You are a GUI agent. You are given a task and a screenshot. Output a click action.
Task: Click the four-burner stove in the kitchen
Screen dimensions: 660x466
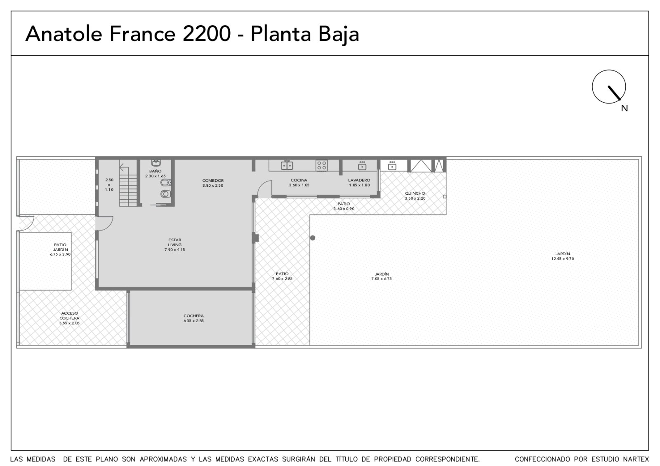point(321,165)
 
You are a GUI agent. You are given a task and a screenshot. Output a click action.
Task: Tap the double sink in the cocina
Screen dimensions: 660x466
point(287,165)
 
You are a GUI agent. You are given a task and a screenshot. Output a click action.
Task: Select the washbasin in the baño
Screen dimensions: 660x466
point(156,162)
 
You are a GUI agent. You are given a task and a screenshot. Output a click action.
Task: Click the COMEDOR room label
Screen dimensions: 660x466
point(213,181)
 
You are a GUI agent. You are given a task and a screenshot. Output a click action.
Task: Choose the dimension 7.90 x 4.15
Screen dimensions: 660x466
point(175,250)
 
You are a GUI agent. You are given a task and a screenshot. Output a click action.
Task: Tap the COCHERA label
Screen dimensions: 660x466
point(193,316)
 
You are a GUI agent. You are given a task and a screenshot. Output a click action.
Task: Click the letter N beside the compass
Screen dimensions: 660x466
point(624,108)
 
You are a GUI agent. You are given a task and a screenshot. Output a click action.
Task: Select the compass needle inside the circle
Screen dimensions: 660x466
point(614,93)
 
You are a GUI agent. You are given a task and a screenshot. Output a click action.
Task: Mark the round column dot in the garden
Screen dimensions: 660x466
point(313,238)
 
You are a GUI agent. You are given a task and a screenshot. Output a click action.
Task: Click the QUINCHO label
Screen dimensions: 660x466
point(415,193)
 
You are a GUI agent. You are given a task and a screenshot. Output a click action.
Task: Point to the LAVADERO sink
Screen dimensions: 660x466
point(362,166)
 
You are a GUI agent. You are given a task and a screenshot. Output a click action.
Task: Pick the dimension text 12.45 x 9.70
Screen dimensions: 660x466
point(563,259)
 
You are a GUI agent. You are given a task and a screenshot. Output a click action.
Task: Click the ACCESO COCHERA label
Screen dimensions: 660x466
point(69,315)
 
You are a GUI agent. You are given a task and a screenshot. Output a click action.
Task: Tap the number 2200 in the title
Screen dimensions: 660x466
point(207,33)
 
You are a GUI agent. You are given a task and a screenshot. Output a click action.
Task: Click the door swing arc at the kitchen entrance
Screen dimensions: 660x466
point(263,184)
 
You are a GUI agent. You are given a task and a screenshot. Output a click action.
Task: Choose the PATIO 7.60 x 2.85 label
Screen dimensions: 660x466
point(282,276)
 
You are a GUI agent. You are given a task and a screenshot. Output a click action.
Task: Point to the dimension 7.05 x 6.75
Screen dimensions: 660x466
point(381,279)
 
